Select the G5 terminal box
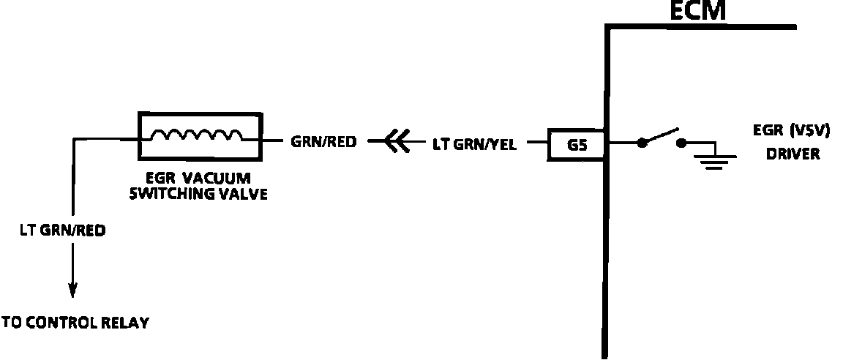(577, 144)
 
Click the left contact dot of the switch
(642, 143)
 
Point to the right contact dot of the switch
(681, 143)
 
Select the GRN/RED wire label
(324, 143)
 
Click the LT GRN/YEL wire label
(474, 145)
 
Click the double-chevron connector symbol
(396, 143)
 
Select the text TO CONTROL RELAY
(75, 323)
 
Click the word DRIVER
(793, 154)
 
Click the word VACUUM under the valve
(220, 179)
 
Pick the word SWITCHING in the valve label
(170, 195)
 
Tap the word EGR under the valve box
(161, 179)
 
